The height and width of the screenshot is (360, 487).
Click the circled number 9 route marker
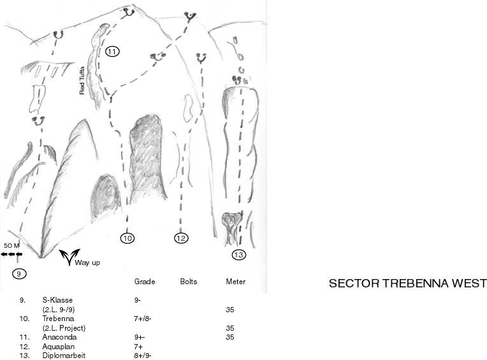pyautogui.click(x=18, y=273)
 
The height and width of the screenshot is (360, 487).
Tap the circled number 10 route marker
pyautogui.click(x=127, y=238)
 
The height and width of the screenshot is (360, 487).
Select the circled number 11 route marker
pyautogui.click(x=112, y=52)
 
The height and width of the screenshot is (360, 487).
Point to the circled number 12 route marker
pyautogui.click(x=181, y=238)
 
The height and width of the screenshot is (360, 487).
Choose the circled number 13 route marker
pyautogui.click(x=238, y=256)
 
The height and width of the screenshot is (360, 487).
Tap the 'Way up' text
pyautogui.click(x=87, y=262)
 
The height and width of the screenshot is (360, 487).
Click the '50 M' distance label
pyautogui.click(x=11, y=245)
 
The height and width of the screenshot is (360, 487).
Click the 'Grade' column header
pyautogui.click(x=145, y=282)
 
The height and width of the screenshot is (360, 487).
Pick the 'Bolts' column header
pyautogui.click(x=189, y=282)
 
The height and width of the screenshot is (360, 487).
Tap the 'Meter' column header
pyautogui.click(x=235, y=282)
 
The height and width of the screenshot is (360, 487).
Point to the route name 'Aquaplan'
pyautogui.click(x=57, y=346)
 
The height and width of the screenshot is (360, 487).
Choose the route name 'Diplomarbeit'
pyautogui.click(x=64, y=356)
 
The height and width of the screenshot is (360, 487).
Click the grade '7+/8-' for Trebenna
pyautogui.click(x=143, y=318)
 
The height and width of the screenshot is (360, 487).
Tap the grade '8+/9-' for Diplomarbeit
pyautogui.click(x=143, y=356)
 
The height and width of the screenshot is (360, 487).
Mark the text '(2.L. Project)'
pyautogui.click(x=64, y=328)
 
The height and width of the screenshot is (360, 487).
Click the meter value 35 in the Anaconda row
pyautogui.click(x=231, y=337)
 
